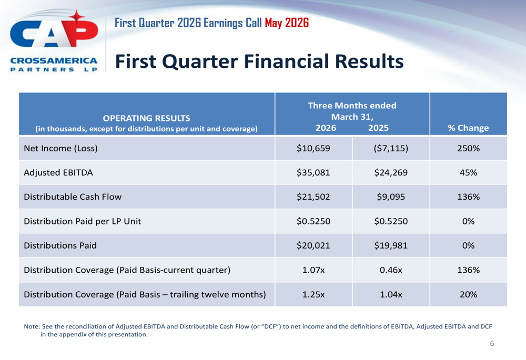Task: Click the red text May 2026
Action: (x=287, y=23)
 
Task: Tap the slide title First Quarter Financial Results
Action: (x=259, y=61)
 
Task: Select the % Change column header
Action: (x=468, y=128)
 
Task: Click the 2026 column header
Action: (x=326, y=128)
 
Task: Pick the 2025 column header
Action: (x=378, y=128)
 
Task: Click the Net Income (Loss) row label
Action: (x=60, y=148)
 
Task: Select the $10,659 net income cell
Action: (x=313, y=148)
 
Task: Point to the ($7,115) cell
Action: (x=391, y=148)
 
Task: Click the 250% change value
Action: (x=468, y=148)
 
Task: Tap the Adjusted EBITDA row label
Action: (x=58, y=172)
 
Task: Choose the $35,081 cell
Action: (x=313, y=172)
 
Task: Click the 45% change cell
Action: (x=468, y=172)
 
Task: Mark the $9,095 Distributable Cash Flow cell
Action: (x=391, y=197)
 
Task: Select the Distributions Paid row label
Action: (x=60, y=245)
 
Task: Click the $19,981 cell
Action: (x=391, y=245)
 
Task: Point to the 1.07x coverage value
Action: (x=313, y=270)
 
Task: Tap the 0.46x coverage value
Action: (x=391, y=270)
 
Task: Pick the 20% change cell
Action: (x=468, y=294)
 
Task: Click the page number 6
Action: (x=492, y=343)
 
